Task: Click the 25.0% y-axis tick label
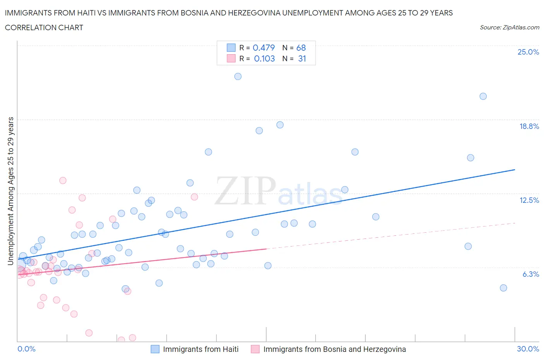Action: click(528, 52)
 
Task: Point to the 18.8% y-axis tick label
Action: click(529, 126)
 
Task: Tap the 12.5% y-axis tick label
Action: click(529, 200)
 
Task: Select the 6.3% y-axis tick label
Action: click(530, 274)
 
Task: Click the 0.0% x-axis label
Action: click(26, 349)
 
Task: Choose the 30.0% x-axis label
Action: click(528, 349)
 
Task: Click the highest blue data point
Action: click(238, 76)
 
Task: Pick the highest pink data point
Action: click(63, 180)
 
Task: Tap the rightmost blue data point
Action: click(503, 288)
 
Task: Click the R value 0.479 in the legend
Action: click(263, 48)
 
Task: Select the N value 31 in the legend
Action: click(302, 58)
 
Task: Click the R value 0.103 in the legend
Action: click(264, 58)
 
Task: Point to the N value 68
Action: click(301, 48)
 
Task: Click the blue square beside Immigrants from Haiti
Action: click(155, 349)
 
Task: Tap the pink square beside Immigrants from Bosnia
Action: click(255, 349)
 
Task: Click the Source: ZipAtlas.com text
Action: click(509, 27)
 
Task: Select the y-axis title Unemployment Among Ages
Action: click(10, 191)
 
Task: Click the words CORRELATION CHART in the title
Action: click(44, 27)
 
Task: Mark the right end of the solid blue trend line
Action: click(515, 170)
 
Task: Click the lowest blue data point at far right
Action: click(503, 288)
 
